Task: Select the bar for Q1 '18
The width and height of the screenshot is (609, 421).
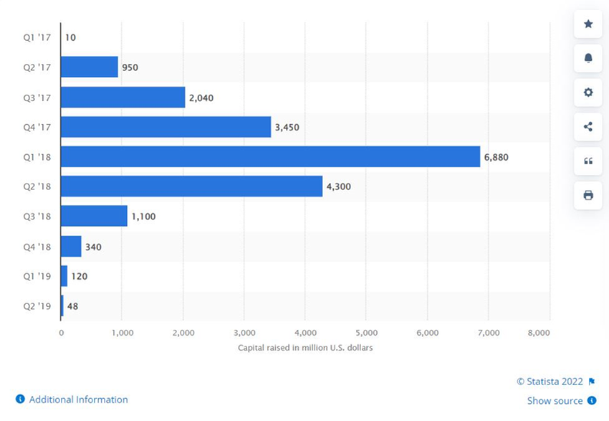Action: [x=270, y=156]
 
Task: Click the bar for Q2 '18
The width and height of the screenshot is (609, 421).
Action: [x=191, y=186]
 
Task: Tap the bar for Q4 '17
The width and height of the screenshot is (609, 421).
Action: [x=166, y=127]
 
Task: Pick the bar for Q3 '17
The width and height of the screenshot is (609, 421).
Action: [x=123, y=97]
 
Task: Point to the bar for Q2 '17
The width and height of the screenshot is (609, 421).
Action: [x=89, y=67]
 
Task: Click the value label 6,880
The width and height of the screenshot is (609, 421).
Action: [x=496, y=157]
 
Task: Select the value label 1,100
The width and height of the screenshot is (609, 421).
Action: [x=144, y=217]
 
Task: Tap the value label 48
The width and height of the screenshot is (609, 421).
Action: [x=72, y=306]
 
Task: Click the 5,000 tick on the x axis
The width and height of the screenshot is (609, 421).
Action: [x=365, y=333]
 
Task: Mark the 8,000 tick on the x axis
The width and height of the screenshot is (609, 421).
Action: [x=539, y=333]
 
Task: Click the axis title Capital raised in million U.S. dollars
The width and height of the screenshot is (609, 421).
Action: [x=305, y=348]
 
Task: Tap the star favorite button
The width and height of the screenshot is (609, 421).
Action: [x=588, y=24]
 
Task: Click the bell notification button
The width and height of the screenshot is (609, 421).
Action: [x=588, y=58]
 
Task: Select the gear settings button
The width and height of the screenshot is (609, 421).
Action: [x=588, y=93]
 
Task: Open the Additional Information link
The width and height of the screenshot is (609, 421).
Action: [x=78, y=399]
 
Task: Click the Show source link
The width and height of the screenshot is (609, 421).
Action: [x=555, y=401]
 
